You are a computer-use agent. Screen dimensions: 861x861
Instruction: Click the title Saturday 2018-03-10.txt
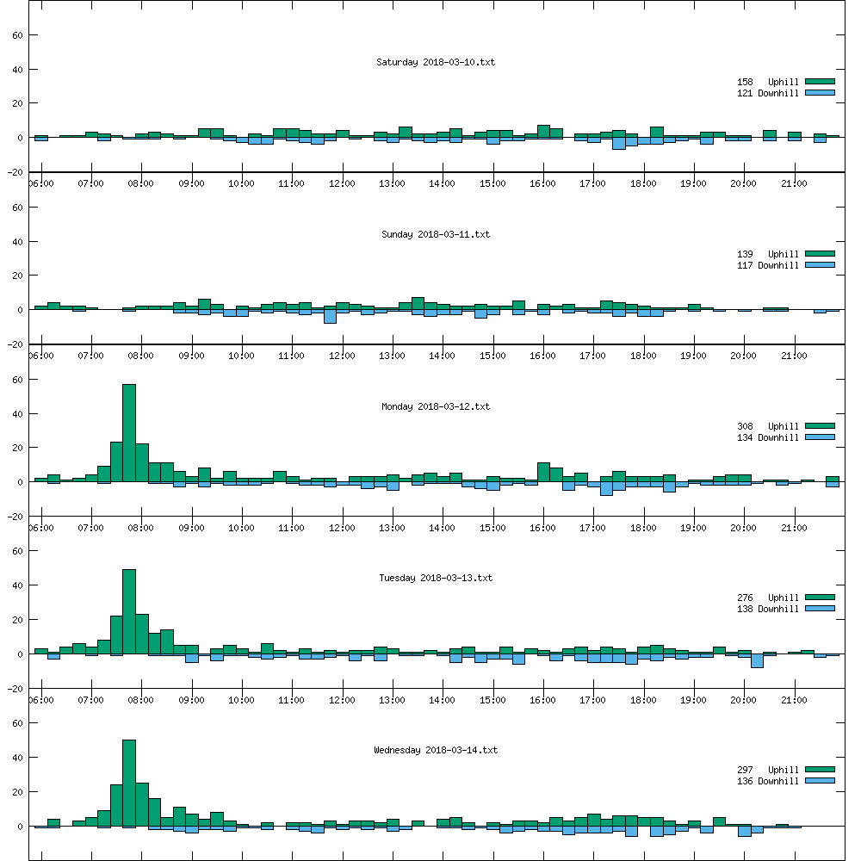point(435,62)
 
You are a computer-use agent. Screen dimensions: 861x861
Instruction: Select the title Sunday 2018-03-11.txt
point(435,234)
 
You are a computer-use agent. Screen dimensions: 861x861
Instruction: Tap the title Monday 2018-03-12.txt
point(435,406)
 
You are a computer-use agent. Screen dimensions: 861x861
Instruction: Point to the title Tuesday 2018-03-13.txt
point(435,578)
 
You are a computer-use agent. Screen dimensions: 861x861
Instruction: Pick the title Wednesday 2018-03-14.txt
point(435,750)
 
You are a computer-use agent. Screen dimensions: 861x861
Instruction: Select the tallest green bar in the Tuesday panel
point(129,611)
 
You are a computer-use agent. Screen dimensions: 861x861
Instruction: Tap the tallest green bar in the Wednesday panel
point(129,783)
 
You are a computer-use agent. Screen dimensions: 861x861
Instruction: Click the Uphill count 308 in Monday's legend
point(745,426)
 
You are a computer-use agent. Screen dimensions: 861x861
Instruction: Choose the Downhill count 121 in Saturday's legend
point(745,93)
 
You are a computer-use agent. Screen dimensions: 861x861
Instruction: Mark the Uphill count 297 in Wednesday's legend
point(745,770)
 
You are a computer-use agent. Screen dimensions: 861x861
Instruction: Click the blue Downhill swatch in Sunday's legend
point(821,265)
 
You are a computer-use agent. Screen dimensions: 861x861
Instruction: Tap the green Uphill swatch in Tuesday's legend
point(821,598)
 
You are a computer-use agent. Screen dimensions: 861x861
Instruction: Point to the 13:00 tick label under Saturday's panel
point(392,183)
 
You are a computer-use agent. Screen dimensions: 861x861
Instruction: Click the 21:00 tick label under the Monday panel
point(794,528)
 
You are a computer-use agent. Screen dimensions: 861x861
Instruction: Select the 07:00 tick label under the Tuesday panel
point(90,700)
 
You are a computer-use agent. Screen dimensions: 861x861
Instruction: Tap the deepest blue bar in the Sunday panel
point(330,316)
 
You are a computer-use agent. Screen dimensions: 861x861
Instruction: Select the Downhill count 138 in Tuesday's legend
point(745,609)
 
